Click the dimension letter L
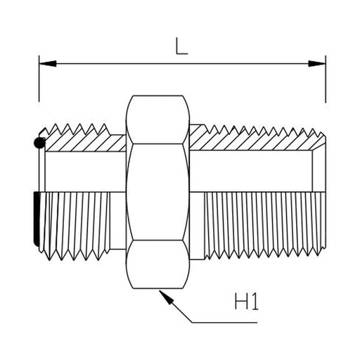coord(181,46)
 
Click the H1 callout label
coord(246,302)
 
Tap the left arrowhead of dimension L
coord(48,63)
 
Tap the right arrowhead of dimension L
coord(317,63)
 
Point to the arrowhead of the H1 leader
coord(166,297)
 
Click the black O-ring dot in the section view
coord(39,143)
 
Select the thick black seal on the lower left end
coord(37,219)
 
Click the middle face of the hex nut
coord(157,192)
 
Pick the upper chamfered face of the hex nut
coord(157,120)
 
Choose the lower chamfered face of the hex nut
coord(157,264)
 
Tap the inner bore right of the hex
coord(251,171)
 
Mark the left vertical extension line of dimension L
coord(39,79)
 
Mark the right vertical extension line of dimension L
coord(326,79)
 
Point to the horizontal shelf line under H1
coord(224,323)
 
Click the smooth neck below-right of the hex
coord(197,226)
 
